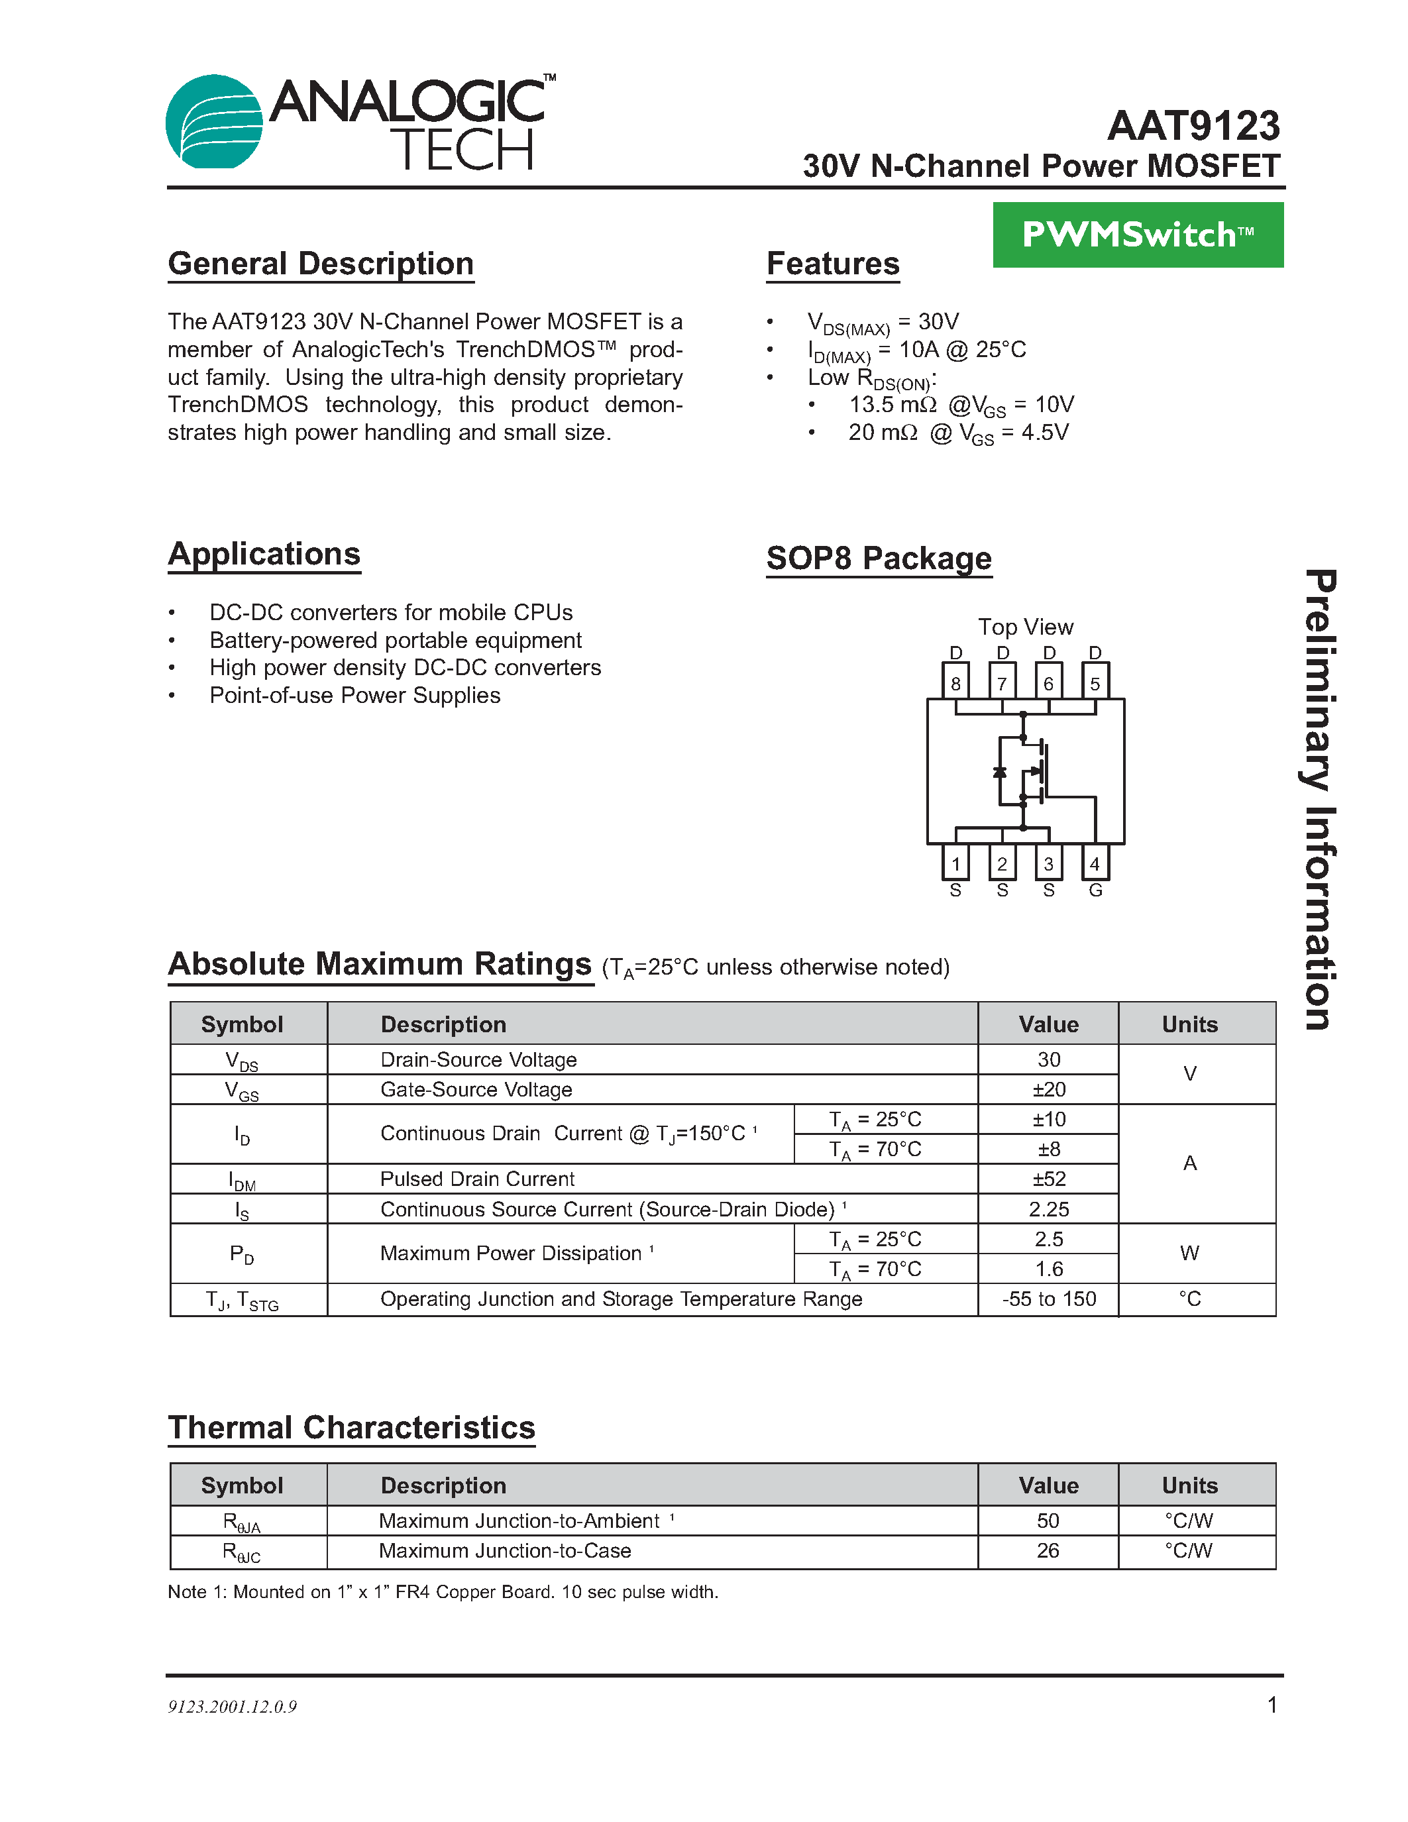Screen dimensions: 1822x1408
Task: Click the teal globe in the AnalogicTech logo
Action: (x=213, y=122)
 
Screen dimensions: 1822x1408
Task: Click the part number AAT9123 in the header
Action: (x=1193, y=127)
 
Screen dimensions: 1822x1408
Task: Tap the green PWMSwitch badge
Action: (x=1137, y=235)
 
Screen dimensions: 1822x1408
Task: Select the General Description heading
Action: (x=321, y=264)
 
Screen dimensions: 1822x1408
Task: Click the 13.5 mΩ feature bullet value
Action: (x=893, y=405)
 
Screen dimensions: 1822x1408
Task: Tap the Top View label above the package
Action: (x=1025, y=627)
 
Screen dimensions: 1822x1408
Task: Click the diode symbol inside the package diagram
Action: (x=999, y=772)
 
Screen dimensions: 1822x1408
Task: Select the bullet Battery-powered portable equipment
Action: (x=396, y=640)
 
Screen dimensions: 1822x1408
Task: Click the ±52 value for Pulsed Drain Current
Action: (x=1048, y=1179)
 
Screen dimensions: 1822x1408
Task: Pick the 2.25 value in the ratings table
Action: (x=1048, y=1209)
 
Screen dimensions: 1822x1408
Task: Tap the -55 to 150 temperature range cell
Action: (x=1048, y=1299)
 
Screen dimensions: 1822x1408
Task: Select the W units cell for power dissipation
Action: (x=1189, y=1253)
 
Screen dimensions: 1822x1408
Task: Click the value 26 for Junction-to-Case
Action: (x=1048, y=1551)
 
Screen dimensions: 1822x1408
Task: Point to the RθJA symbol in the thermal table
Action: (x=242, y=1522)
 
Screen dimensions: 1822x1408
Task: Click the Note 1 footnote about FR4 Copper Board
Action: (x=443, y=1591)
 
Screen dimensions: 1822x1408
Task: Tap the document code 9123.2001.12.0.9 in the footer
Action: (x=233, y=1706)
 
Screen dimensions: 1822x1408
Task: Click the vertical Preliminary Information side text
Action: (x=1321, y=799)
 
